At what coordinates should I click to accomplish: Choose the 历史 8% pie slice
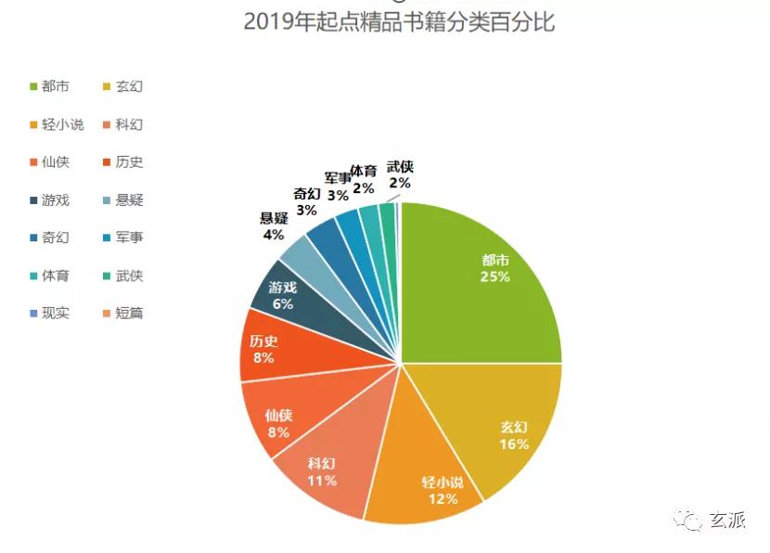[x=264, y=349]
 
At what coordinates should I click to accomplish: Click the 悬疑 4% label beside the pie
[x=273, y=227]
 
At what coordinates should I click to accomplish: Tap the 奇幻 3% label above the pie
[x=307, y=201]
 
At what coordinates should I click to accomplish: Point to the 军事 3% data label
[x=338, y=186]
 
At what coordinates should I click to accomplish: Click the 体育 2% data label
[x=363, y=179]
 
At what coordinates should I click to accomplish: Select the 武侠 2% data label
[x=400, y=174]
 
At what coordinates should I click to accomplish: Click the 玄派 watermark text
[x=728, y=521]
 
